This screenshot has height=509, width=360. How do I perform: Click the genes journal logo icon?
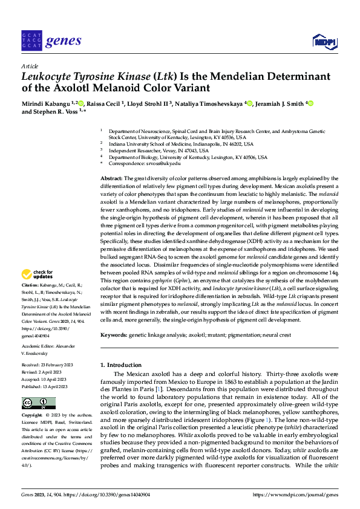tap(31, 41)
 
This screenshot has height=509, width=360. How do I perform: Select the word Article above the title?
tap(29, 65)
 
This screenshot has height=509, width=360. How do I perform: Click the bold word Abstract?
tap(111, 179)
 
